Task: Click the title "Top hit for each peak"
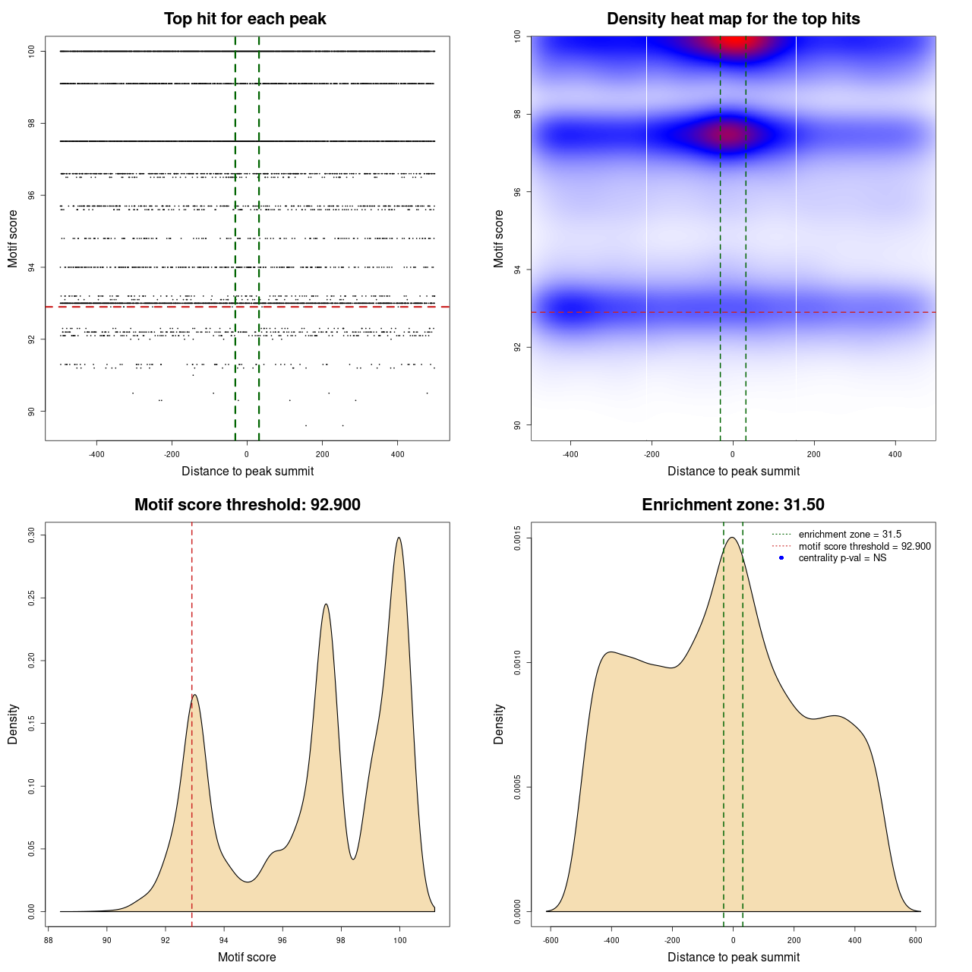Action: pos(245,19)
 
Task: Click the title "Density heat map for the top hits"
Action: pos(733,19)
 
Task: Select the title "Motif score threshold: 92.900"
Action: pos(247,505)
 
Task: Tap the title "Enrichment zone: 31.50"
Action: pos(733,505)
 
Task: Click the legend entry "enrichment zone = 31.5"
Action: pos(850,535)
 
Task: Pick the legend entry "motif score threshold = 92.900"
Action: pos(864,547)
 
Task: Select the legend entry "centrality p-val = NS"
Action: pos(842,558)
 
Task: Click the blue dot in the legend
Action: pos(781,558)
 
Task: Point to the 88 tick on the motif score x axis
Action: pos(48,940)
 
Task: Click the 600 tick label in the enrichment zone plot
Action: pos(916,940)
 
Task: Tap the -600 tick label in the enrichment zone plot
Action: pos(551,940)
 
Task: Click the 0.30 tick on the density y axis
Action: pos(32,535)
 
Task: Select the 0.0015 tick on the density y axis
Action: pos(518,538)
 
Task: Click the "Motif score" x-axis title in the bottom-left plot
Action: pos(247,957)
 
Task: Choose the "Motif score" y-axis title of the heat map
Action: pos(499,238)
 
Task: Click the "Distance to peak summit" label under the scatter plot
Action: pos(248,472)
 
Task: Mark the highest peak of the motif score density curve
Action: pos(399,538)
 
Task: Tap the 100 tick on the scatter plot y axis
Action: pos(32,52)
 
